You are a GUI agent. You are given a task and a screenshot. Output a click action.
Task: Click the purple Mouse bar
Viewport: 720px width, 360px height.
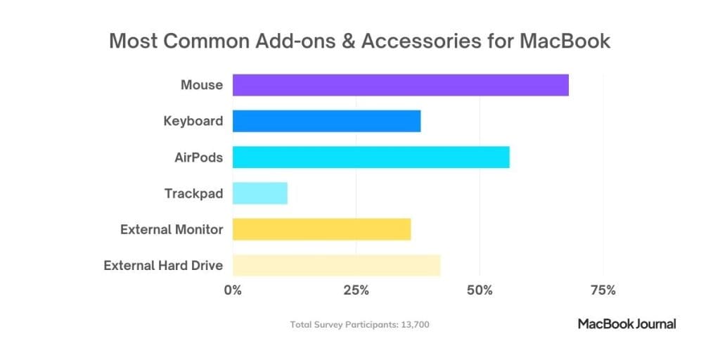click(x=400, y=85)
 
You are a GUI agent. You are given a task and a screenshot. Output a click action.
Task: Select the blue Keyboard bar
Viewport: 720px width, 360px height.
click(x=326, y=121)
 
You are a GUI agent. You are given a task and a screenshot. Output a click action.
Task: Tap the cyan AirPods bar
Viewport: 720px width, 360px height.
click(x=371, y=157)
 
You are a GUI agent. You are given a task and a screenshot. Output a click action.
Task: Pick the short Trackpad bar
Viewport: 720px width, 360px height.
click(x=259, y=193)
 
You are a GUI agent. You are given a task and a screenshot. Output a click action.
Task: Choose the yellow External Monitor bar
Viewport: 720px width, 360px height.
click(x=321, y=229)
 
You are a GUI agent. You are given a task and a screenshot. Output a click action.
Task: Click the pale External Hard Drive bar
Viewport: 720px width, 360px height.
click(x=336, y=266)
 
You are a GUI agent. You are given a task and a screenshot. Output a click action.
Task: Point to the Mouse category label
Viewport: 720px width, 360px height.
click(x=202, y=85)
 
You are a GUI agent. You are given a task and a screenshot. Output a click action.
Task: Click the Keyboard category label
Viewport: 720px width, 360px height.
click(x=193, y=121)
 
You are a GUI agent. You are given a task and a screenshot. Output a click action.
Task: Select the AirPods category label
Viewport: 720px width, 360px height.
click(x=199, y=157)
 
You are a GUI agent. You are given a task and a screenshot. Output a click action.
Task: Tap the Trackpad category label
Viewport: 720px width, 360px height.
click(x=194, y=193)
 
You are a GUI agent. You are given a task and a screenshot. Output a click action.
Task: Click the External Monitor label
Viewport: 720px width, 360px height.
click(x=172, y=229)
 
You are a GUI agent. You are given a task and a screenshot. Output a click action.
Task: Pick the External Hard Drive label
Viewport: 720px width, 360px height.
click(x=163, y=266)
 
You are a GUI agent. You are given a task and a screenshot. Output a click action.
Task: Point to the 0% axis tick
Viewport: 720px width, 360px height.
click(x=233, y=290)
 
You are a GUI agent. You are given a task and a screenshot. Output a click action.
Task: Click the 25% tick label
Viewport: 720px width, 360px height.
click(x=356, y=290)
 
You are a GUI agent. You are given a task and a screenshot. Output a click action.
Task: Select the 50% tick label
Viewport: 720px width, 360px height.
click(x=480, y=290)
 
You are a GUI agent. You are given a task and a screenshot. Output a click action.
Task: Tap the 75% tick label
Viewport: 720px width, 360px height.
click(x=603, y=290)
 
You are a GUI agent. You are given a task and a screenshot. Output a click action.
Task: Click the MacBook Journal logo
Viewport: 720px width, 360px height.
click(x=626, y=324)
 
